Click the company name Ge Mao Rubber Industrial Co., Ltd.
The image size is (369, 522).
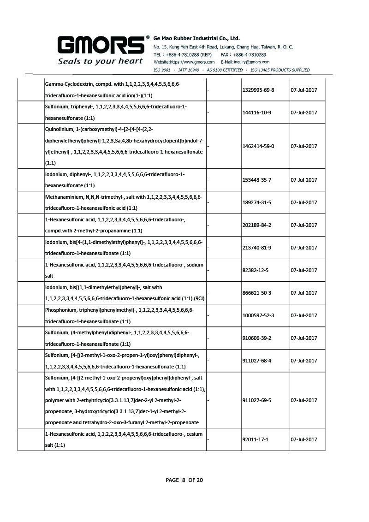(196, 38)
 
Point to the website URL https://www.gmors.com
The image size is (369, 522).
(191, 62)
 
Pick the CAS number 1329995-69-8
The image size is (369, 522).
(258, 89)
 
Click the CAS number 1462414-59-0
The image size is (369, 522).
(258, 146)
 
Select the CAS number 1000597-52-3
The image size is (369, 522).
(258, 315)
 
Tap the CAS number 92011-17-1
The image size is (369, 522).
(255, 439)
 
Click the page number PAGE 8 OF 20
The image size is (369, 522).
(184, 480)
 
